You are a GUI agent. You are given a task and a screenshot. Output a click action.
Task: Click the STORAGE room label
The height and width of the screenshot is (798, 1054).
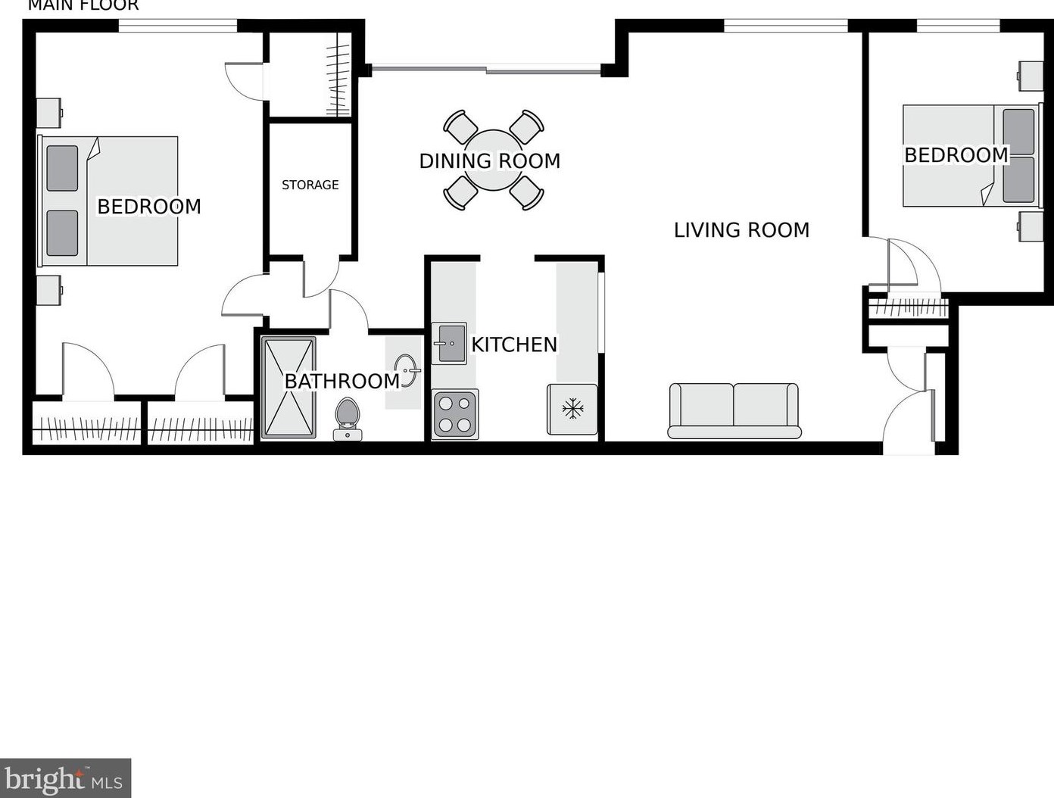click(x=310, y=185)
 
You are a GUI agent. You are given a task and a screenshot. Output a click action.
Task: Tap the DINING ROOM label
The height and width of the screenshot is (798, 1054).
click(x=489, y=161)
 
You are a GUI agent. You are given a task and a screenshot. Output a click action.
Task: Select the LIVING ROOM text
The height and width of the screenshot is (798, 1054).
click(x=741, y=230)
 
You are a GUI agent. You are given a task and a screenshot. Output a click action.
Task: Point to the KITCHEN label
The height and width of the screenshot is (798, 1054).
click(x=514, y=344)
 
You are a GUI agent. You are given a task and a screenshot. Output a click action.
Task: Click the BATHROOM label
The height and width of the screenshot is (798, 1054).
click(x=341, y=381)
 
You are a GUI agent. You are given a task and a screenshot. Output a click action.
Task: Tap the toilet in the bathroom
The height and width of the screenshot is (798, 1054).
click(x=348, y=418)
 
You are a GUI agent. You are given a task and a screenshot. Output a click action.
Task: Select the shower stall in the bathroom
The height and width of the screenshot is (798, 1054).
click(x=288, y=387)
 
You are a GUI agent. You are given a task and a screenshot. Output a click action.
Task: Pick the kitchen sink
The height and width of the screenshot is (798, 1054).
click(x=449, y=343)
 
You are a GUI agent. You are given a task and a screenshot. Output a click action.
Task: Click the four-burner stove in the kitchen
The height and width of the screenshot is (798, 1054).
click(x=454, y=414)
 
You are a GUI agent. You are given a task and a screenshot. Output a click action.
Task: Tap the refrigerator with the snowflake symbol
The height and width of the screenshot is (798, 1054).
click(x=572, y=410)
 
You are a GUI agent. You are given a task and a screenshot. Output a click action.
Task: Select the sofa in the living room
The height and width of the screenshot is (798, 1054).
click(x=734, y=410)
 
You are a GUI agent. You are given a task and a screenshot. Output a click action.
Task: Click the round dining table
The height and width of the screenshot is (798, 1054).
click(x=493, y=161)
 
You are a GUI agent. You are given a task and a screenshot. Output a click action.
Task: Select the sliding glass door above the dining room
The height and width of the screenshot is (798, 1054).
click(x=486, y=70)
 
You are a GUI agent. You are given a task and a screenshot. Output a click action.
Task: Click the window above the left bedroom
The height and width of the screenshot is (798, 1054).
click(x=178, y=26)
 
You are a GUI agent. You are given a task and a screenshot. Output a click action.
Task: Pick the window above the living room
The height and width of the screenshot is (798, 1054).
click(x=785, y=26)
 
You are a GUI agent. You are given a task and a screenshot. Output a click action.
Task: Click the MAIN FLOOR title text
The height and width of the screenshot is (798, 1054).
click(x=83, y=6)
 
